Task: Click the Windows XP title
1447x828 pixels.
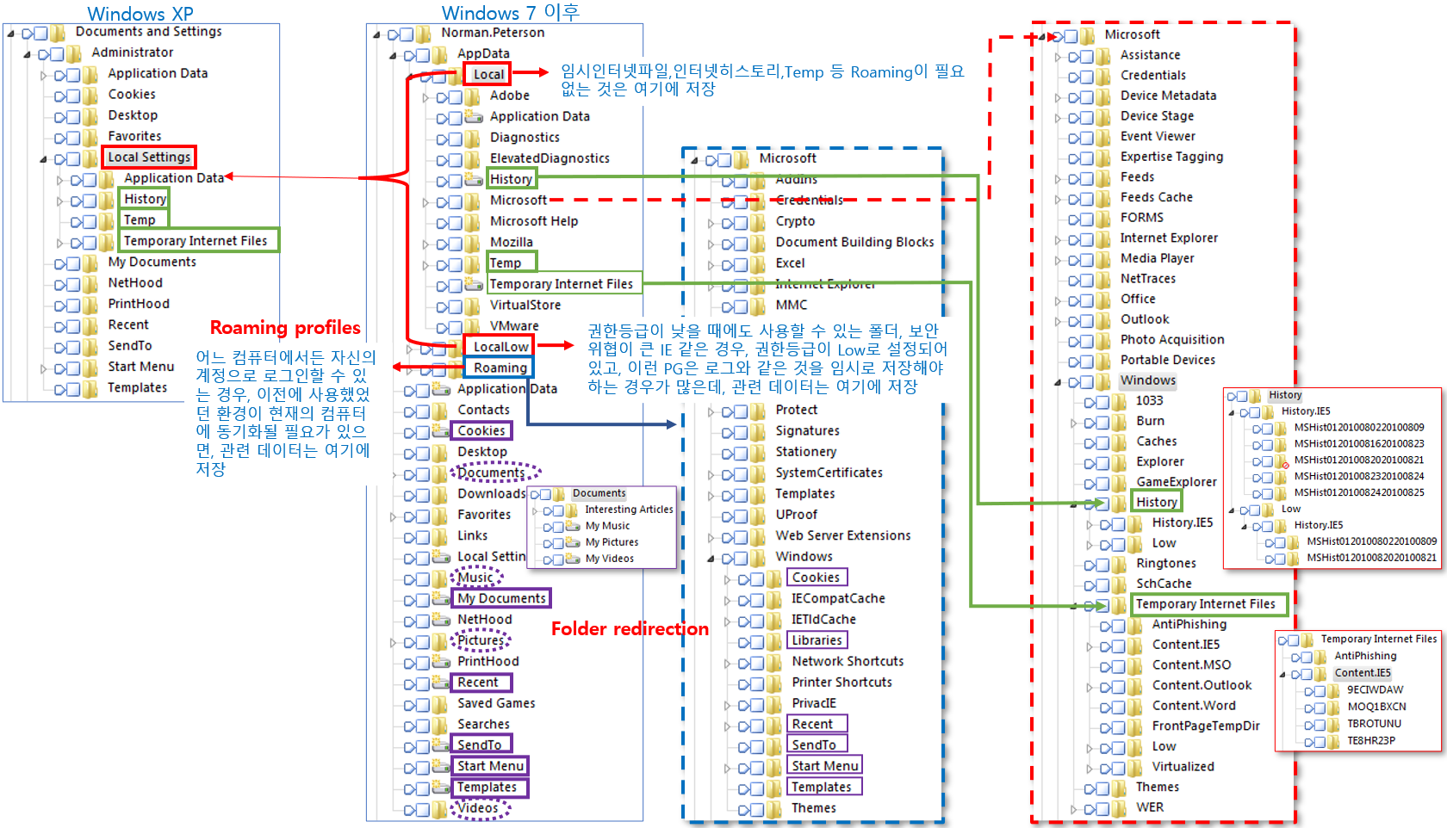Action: [140, 14]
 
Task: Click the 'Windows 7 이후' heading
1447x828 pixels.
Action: [510, 13]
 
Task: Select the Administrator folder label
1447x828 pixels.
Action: [133, 53]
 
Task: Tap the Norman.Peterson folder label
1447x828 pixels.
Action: [493, 33]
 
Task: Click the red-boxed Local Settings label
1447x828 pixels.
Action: [149, 157]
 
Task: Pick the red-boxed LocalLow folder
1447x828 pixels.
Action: [500, 346]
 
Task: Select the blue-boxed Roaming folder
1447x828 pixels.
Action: [500, 368]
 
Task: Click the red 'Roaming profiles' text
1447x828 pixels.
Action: [285, 328]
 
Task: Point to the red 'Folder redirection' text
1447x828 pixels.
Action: [630, 629]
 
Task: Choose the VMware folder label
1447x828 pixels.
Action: [514, 325]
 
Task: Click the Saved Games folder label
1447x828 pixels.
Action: [496, 703]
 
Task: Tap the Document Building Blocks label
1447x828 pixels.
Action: [854, 242]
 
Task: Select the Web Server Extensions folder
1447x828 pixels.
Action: [842, 535]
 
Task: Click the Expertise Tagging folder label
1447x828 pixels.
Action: [1171, 157]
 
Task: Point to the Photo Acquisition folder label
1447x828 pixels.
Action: [1171, 339]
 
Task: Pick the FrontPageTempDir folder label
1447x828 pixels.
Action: [1206, 726]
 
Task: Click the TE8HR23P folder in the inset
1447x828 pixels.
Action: [1371, 740]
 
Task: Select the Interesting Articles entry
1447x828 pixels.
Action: [629, 510]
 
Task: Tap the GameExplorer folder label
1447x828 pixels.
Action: [1176, 482]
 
